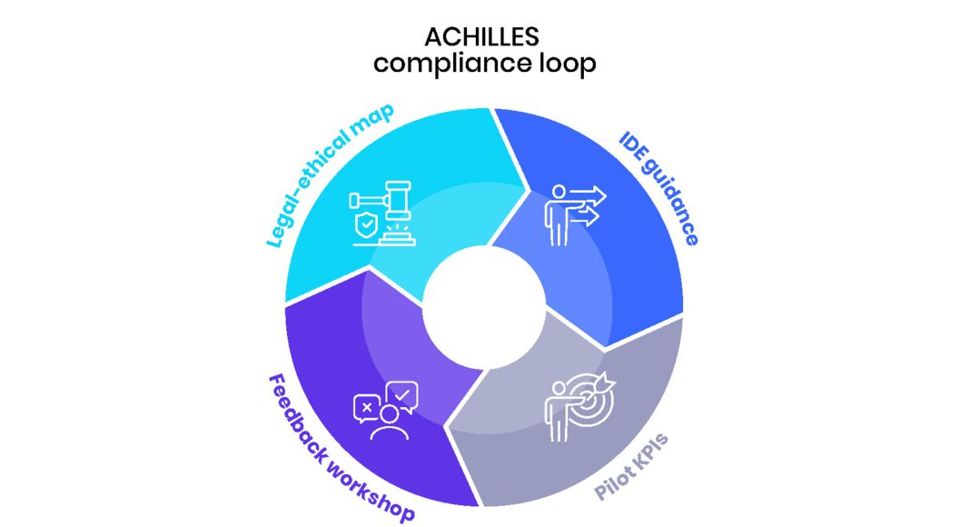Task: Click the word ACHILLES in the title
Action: (481, 36)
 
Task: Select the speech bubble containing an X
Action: (366, 408)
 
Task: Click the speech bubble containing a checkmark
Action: (401, 394)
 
